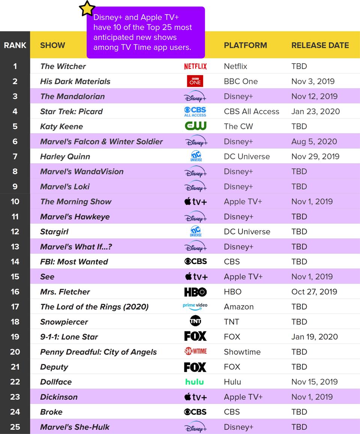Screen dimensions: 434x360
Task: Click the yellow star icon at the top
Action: (87, 8)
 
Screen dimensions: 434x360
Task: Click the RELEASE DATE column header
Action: (320, 45)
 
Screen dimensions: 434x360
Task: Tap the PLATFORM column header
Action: (245, 45)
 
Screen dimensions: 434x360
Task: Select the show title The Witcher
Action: (63, 66)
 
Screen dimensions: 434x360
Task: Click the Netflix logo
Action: (195, 66)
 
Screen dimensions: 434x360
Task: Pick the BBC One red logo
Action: (195, 81)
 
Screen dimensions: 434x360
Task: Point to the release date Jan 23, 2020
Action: (315, 111)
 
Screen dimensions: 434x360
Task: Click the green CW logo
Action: (195, 126)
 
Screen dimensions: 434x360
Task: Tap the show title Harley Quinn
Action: (65, 156)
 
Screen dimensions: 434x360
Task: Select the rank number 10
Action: (15, 201)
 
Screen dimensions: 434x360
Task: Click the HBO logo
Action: (195, 292)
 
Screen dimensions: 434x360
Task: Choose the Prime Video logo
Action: (195, 307)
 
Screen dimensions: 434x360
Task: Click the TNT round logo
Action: (195, 322)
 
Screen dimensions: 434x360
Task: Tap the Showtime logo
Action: (195, 352)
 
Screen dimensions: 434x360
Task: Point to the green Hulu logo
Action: (194, 382)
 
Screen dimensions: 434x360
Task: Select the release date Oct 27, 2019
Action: (314, 292)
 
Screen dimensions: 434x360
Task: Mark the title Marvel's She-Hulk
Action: (75, 427)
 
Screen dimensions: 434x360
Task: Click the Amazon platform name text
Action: (239, 307)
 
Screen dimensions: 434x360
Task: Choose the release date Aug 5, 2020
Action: (314, 141)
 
